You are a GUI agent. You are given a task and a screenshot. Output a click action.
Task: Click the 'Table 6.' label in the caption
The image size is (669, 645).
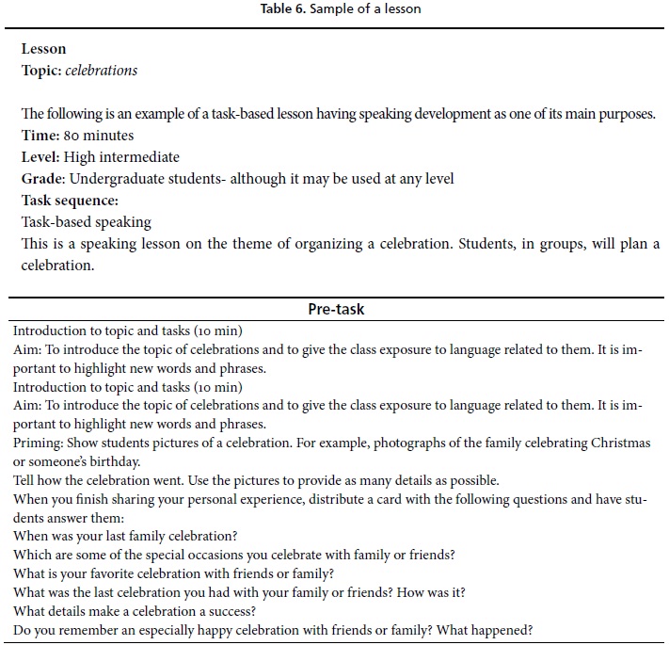tap(283, 8)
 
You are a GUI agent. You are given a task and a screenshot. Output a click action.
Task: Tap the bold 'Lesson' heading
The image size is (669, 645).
tap(43, 49)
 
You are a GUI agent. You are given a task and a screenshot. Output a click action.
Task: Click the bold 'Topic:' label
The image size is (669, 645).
tap(41, 70)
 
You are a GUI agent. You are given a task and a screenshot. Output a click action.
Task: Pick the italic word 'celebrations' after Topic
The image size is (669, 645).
tap(102, 70)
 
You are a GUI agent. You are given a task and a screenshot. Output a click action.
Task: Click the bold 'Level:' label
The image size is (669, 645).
tap(40, 157)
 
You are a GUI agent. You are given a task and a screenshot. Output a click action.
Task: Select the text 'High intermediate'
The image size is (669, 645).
tap(121, 157)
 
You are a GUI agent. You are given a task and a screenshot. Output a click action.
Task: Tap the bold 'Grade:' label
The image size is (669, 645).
tap(43, 179)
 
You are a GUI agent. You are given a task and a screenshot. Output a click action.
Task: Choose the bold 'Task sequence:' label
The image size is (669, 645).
tap(71, 201)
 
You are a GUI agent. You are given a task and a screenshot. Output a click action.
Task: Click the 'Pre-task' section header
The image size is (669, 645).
tap(336, 309)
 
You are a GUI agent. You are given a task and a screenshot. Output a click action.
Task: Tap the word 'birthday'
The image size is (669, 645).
tap(115, 460)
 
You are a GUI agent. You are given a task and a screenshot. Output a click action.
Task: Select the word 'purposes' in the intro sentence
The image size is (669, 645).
tap(626, 114)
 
